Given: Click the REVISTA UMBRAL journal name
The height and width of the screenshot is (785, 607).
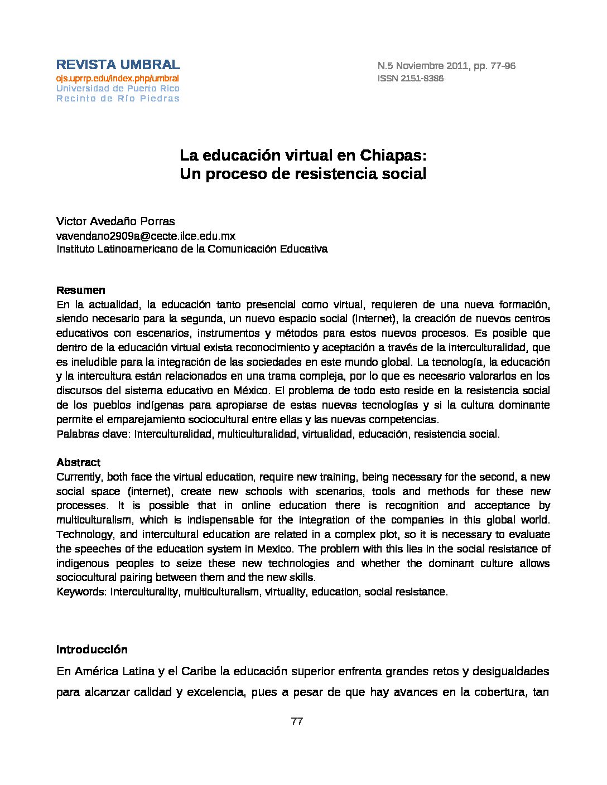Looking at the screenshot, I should [x=118, y=65].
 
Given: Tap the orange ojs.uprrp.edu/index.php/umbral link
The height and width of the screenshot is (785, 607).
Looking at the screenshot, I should [x=117, y=79].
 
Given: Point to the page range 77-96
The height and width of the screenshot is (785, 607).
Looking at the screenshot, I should [x=503, y=66].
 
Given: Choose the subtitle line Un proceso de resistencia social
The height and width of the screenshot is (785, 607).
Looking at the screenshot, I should [x=303, y=174].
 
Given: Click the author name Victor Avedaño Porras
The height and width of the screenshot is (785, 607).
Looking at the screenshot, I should [x=115, y=221].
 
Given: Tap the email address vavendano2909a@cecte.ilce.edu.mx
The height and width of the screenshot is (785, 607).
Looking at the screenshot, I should [x=146, y=236].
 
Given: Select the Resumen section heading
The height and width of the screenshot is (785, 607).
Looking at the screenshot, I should [x=80, y=290].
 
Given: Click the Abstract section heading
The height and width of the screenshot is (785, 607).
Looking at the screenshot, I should [x=78, y=462].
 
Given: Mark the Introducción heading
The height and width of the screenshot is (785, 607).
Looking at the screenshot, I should [x=92, y=650].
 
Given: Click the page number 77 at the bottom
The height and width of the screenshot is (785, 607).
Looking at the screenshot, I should [x=297, y=721].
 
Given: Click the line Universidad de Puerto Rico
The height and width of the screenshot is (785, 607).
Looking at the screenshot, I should [x=118, y=89].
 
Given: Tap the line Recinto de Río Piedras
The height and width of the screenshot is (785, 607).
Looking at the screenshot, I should [x=118, y=99].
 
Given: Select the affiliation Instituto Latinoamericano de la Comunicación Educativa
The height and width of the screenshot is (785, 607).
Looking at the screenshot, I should [x=192, y=249].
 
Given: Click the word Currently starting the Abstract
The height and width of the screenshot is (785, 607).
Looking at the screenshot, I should [x=79, y=477].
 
